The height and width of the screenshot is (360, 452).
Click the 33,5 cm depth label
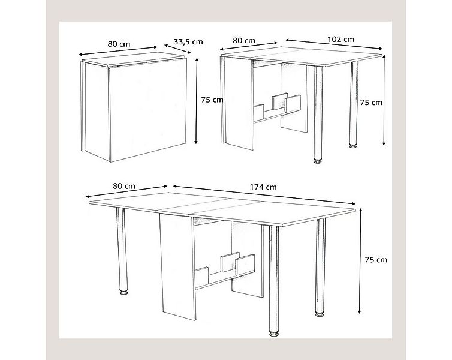click(x=188, y=41)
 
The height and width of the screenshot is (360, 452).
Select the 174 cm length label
click(x=264, y=187)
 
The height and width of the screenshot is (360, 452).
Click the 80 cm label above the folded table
click(x=119, y=43)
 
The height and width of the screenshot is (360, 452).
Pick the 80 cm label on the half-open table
click(x=243, y=41)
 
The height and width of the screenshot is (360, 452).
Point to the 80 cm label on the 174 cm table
click(x=125, y=185)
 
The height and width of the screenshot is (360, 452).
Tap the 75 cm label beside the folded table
click(x=213, y=100)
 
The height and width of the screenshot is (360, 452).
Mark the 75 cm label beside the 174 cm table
click(x=376, y=259)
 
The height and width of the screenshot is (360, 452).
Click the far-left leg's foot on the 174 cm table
click(x=124, y=293)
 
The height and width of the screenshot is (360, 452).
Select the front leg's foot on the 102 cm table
click(x=317, y=161)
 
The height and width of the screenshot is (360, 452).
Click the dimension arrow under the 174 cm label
click(x=264, y=195)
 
